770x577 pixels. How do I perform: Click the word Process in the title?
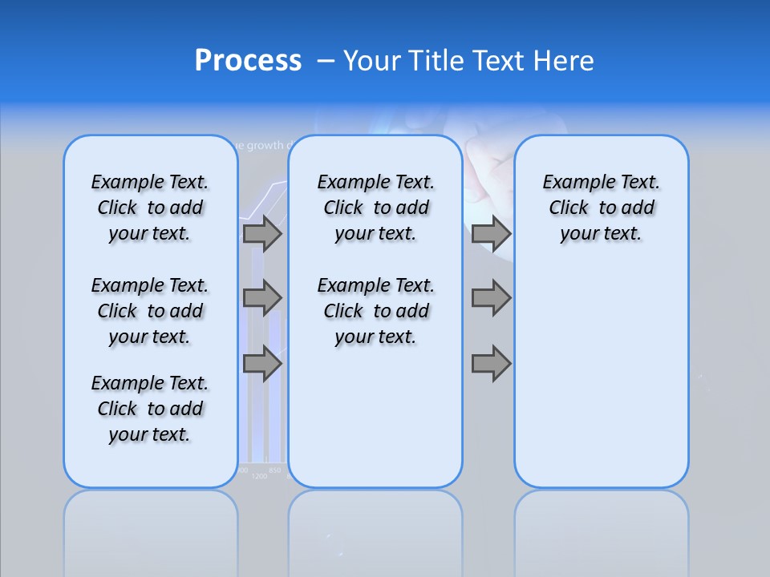pos(248,60)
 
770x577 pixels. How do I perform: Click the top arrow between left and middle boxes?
pos(262,234)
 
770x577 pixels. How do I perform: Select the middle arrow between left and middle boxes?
pos(262,298)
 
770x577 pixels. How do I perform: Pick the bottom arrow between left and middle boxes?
pos(262,364)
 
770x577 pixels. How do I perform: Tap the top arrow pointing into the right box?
pos(491,234)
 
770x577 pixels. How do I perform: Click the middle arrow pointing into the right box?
pos(491,298)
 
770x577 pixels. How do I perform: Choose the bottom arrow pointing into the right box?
pos(491,364)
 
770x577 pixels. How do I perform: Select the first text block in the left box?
pos(150,208)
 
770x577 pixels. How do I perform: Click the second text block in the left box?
pos(150,311)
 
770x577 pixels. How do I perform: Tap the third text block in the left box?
pos(150,409)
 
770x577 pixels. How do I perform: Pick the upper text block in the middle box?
pos(375,208)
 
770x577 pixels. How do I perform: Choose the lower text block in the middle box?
pos(375,311)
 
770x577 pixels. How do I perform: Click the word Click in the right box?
pos(569,208)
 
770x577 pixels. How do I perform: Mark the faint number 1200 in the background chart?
pos(259,476)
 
